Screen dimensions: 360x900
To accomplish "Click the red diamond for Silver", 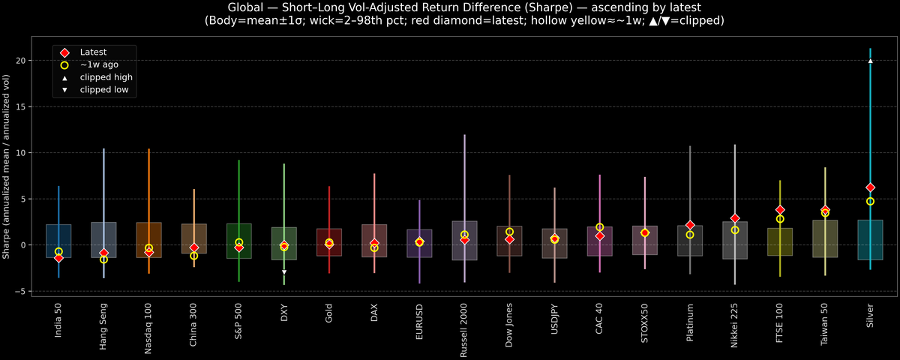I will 870,187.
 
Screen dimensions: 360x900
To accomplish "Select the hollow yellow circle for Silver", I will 870,201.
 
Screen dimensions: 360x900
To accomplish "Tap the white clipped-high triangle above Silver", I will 870,61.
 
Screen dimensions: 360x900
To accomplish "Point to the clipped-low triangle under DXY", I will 284,272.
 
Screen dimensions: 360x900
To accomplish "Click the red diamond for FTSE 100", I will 780,210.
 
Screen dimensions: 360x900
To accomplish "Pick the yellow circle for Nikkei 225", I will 735,230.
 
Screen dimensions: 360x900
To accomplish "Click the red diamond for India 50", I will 58,258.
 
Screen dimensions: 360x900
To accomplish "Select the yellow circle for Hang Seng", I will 103,259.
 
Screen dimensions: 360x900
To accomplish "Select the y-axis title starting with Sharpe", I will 7,166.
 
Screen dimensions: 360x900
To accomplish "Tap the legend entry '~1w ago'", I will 99,64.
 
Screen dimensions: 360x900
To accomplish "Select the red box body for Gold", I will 329,242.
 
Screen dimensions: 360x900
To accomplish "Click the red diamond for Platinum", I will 690,225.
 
